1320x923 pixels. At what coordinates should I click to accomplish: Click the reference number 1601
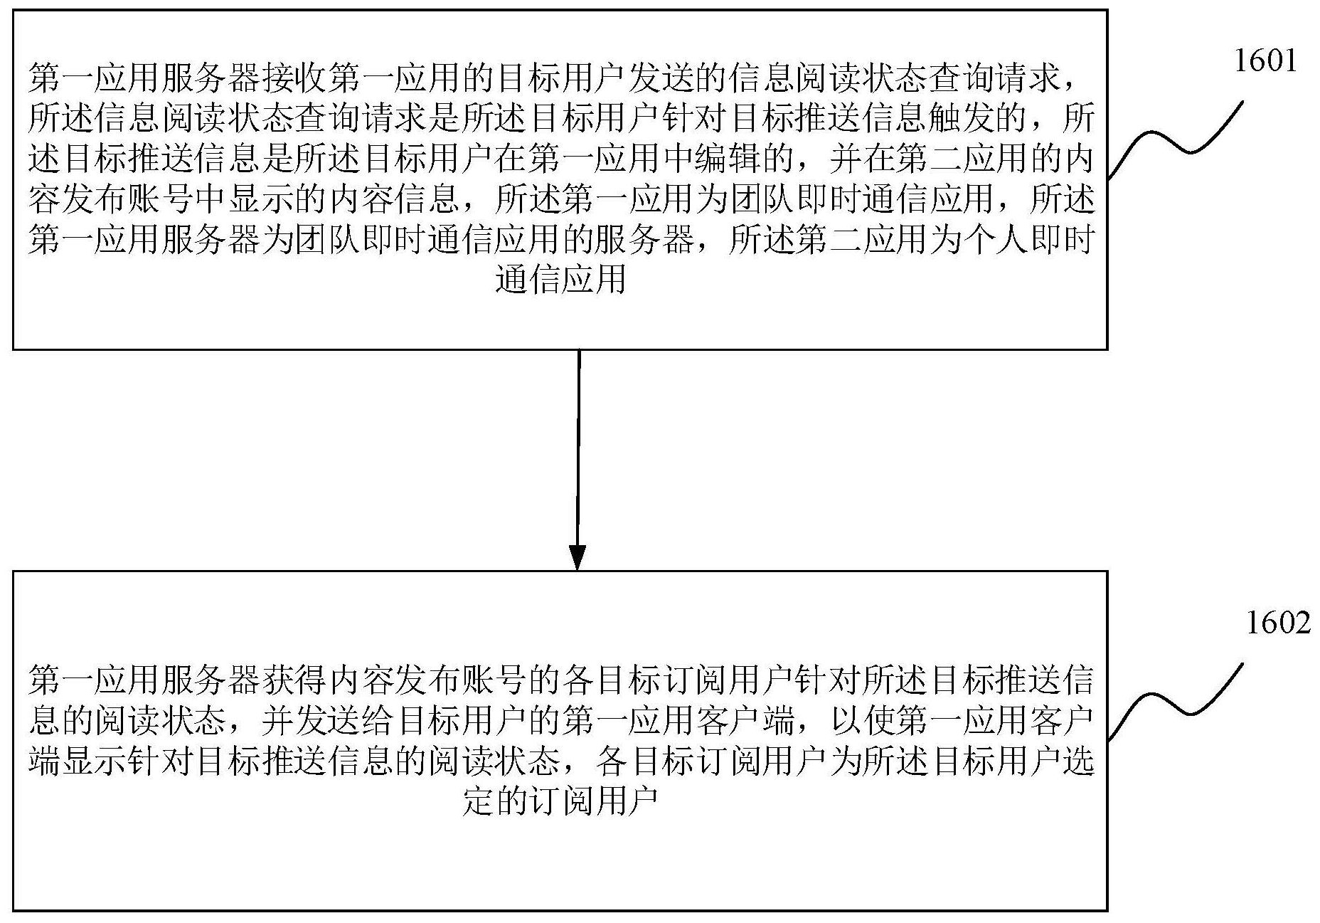click(1265, 62)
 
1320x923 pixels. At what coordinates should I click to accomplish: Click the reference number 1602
click(1277, 623)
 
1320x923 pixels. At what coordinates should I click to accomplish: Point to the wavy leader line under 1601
click(1175, 139)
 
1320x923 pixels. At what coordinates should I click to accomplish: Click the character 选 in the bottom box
click(1078, 762)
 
